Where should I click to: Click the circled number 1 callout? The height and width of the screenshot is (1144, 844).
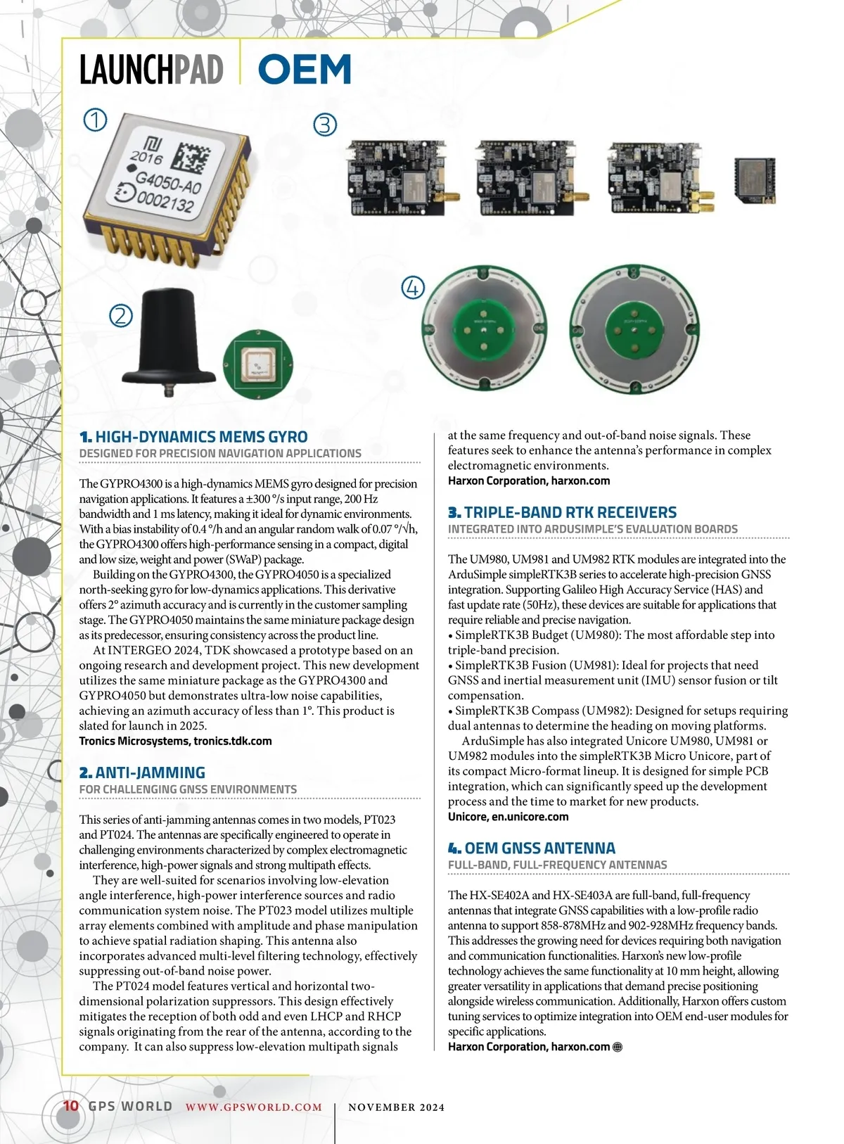pyautogui.click(x=95, y=120)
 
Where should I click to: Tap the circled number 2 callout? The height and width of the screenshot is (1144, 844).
pyautogui.click(x=121, y=314)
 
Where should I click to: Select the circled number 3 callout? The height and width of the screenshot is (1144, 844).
pyautogui.click(x=324, y=125)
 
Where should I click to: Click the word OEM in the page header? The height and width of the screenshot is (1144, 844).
pyautogui.click(x=305, y=70)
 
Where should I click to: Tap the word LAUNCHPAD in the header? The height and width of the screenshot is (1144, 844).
pyautogui.click(x=151, y=70)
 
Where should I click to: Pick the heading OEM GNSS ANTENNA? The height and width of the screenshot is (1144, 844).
pyautogui.click(x=539, y=848)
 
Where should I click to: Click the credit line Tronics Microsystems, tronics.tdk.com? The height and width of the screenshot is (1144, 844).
pyautogui.click(x=175, y=741)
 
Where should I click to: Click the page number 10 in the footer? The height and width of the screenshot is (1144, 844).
pyautogui.click(x=71, y=1105)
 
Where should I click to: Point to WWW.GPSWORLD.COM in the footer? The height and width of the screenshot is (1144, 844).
pyautogui.click(x=253, y=1107)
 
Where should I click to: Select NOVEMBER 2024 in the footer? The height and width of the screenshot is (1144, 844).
pyautogui.click(x=397, y=1107)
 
